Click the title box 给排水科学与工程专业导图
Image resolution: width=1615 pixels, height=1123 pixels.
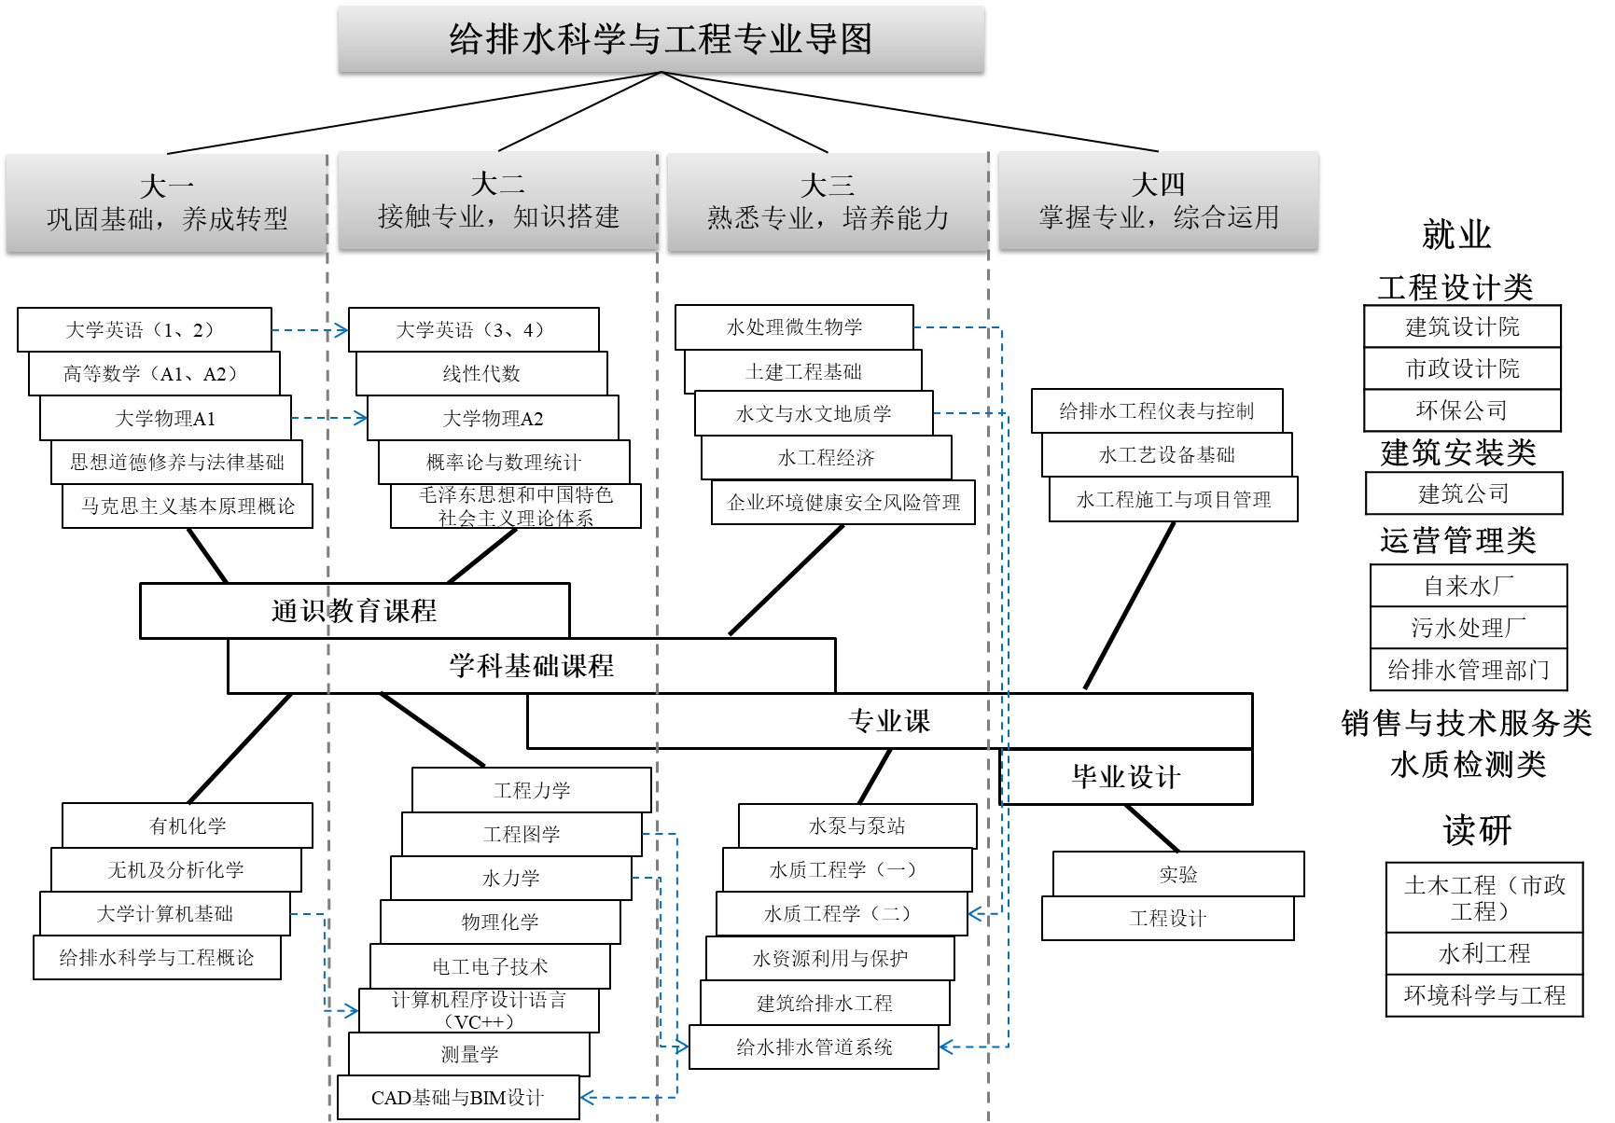click(x=661, y=39)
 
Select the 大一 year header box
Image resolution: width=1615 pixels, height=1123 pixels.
click(x=166, y=202)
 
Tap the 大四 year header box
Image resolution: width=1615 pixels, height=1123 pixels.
click(x=1158, y=201)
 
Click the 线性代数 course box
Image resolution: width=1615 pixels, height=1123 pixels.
click(x=481, y=373)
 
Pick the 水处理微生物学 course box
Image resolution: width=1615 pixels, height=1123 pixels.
click(x=794, y=327)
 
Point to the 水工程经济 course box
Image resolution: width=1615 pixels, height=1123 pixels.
click(x=827, y=458)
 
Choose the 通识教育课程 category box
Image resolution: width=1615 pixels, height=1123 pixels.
click(x=355, y=611)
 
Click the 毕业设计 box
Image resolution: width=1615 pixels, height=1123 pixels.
click(x=1126, y=777)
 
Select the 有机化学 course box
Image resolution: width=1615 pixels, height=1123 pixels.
click(x=188, y=825)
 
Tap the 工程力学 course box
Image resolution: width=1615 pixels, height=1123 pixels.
click(x=532, y=790)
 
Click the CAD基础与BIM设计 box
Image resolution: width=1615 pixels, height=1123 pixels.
click(x=458, y=1098)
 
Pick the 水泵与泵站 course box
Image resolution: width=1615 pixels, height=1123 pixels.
click(x=857, y=825)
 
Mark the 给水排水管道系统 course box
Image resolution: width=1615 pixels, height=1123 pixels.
click(x=814, y=1047)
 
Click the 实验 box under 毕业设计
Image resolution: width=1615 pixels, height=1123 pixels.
click(x=1178, y=874)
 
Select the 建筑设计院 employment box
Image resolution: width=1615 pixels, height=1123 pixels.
click(x=1462, y=326)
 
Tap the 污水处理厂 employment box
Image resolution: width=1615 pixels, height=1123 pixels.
click(x=1469, y=628)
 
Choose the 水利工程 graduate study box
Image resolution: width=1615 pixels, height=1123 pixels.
click(x=1484, y=953)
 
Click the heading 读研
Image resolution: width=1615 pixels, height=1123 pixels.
click(x=1477, y=830)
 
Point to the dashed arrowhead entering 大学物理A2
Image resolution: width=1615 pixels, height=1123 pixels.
click(x=362, y=418)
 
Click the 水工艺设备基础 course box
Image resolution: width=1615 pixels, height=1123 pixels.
click(x=1167, y=455)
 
